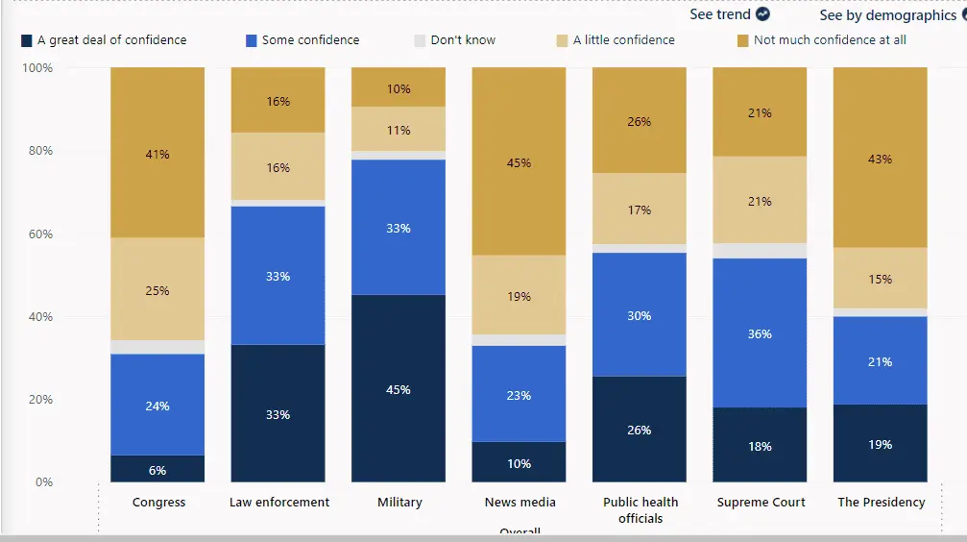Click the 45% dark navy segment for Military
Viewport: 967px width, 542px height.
tap(399, 388)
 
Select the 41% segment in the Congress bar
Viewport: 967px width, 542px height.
tap(157, 153)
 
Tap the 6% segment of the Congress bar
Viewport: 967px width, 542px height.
tap(157, 469)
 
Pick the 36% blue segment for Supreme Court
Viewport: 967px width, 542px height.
tap(761, 333)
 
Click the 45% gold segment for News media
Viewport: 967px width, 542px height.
tap(519, 161)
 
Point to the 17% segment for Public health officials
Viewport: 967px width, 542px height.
tap(640, 209)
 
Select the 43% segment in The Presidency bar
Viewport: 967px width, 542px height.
tap(880, 158)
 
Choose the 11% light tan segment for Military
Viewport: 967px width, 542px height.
tap(399, 129)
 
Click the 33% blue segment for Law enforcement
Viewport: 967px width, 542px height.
tap(278, 275)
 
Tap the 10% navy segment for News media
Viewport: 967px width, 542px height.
tap(519, 462)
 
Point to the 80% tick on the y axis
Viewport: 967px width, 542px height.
tap(38, 151)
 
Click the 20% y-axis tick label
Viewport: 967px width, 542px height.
tap(38, 399)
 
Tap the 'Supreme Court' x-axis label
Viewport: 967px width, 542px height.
tap(761, 502)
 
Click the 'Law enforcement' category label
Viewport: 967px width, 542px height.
tap(278, 502)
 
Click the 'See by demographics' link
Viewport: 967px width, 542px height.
tap(887, 15)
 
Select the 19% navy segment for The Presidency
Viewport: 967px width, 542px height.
tap(880, 443)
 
